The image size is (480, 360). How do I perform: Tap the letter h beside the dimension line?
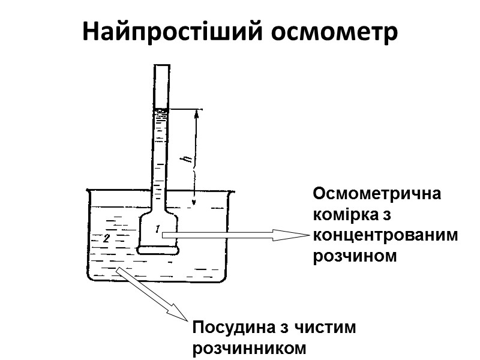pyautogui.click(x=188, y=160)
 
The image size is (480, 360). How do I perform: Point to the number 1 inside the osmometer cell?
pyautogui.click(x=157, y=228)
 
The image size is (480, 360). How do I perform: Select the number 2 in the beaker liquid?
pyautogui.click(x=106, y=239)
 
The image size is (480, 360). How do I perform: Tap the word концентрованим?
pyautogui.click(x=385, y=235)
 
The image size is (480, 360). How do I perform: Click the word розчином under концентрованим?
pyautogui.click(x=355, y=256)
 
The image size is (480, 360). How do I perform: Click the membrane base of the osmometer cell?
pyautogui.click(x=157, y=249)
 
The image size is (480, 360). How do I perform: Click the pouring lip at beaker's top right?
pyautogui.click(x=229, y=192)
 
